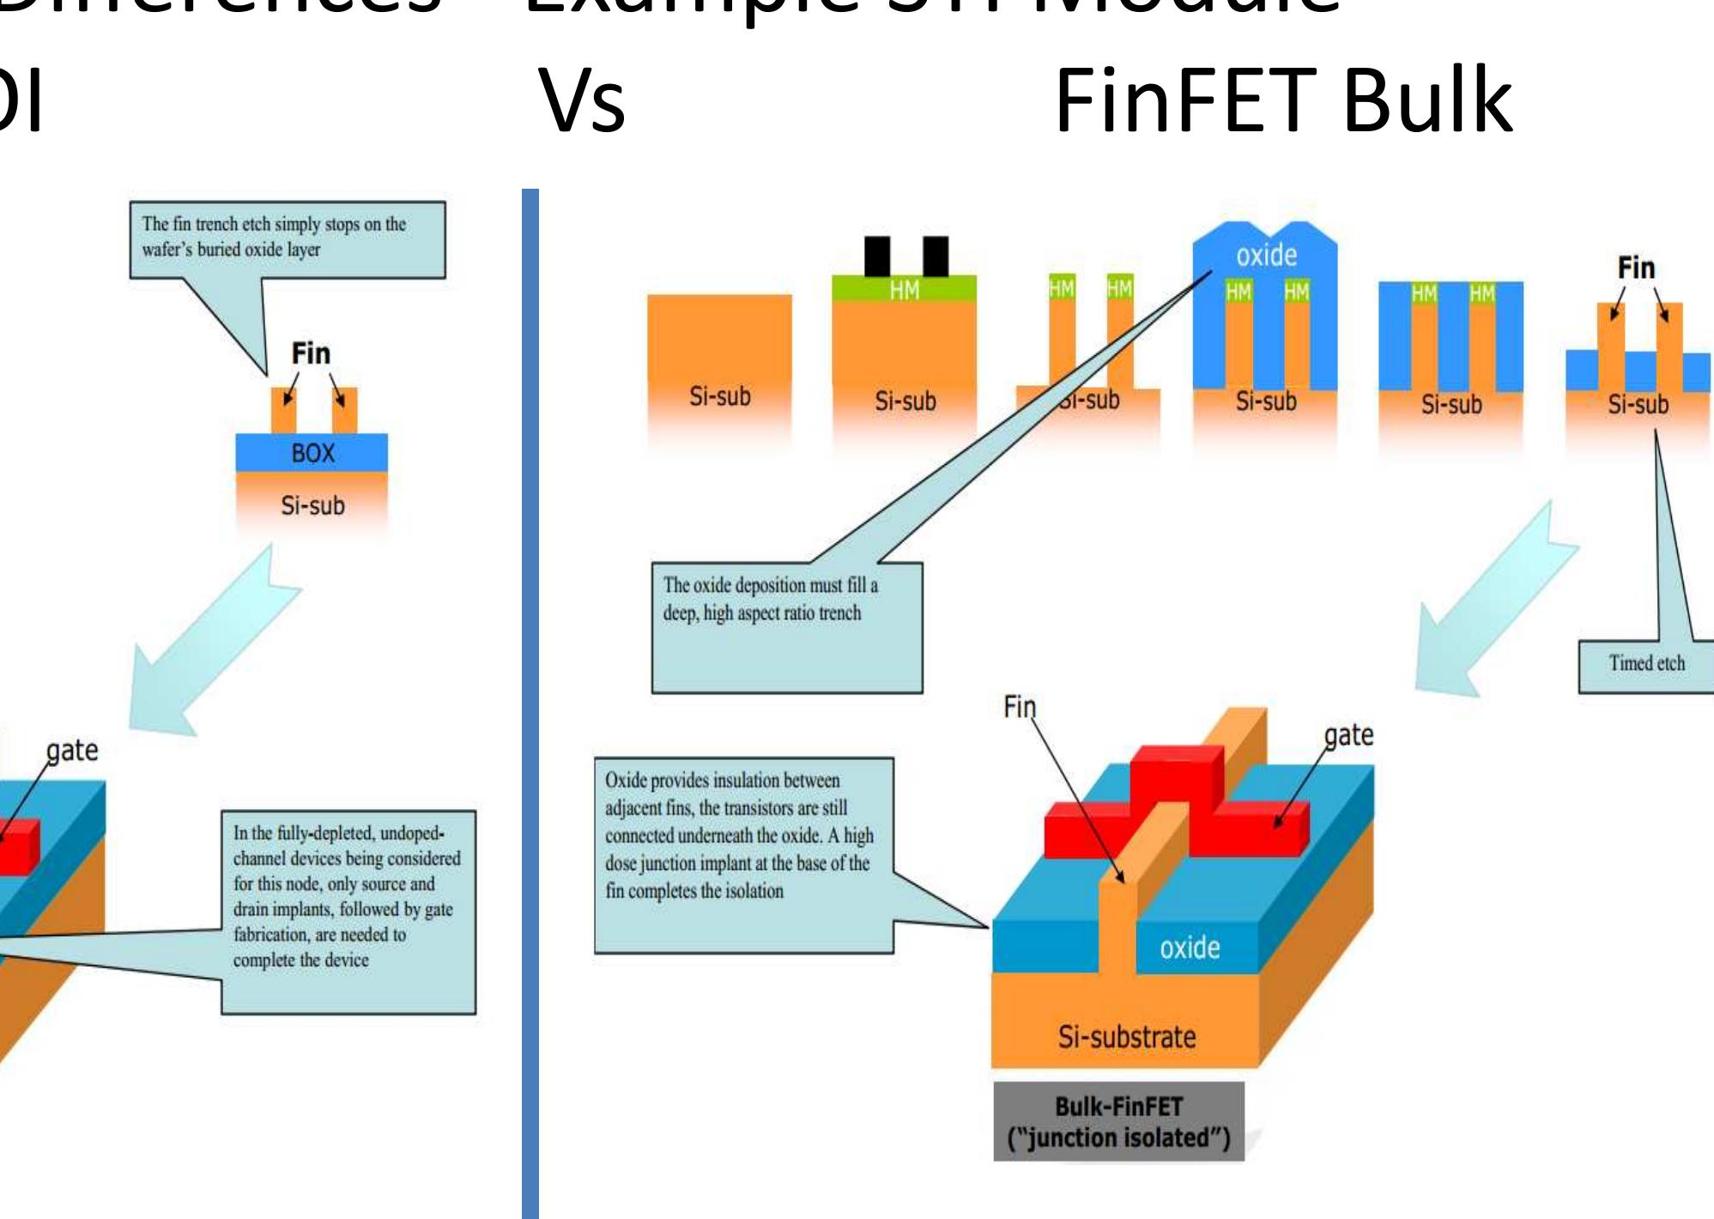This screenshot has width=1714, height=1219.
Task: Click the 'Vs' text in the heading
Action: (582, 101)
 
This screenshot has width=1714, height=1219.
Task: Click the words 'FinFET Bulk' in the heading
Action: (1282, 101)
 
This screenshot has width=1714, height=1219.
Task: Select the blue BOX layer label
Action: (312, 453)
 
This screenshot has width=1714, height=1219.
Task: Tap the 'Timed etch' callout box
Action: (1646, 664)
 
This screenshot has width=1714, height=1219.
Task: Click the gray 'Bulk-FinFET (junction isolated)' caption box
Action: (1118, 1122)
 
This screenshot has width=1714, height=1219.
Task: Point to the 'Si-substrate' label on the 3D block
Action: (1126, 1037)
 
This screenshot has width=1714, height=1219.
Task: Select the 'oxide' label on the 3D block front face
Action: (1190, 948)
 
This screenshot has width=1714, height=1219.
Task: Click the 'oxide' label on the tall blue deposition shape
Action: (1266, 255)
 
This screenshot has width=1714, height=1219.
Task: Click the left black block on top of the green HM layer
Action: (876, 256)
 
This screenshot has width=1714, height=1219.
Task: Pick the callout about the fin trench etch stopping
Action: (287, 238)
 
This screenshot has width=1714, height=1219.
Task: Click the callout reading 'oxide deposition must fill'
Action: (786, 626)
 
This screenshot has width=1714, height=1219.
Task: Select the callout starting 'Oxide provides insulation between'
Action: (743, 854)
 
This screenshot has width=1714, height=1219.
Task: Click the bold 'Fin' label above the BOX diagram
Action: (311, 353)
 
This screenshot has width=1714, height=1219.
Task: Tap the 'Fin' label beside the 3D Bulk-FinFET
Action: (1020, 707)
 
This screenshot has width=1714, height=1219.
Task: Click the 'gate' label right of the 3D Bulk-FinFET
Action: (1348, 735)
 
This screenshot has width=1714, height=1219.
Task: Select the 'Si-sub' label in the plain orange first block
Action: (719, 396)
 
